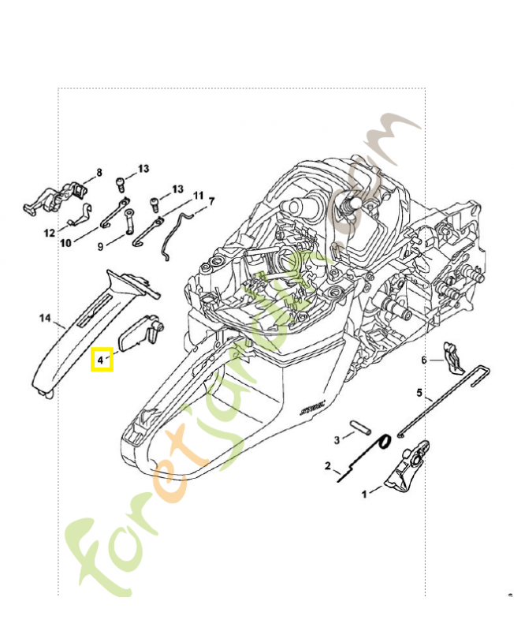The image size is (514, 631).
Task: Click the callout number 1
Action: [x=364, y=495]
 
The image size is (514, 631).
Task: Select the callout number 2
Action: [x=327, y=466]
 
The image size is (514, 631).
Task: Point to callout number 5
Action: [x=419, y=392]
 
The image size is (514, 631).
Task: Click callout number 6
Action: [x=423, y=360]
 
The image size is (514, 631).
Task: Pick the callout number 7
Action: [x=211, y=202]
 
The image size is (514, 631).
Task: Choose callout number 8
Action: [x=99, y=172]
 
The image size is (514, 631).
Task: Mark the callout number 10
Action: [x=65, y=243]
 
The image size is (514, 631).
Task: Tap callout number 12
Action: [x=49, y=233]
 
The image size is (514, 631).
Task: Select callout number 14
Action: [x=45, y=319]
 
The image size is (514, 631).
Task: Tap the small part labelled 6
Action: [x=453, y=357]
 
